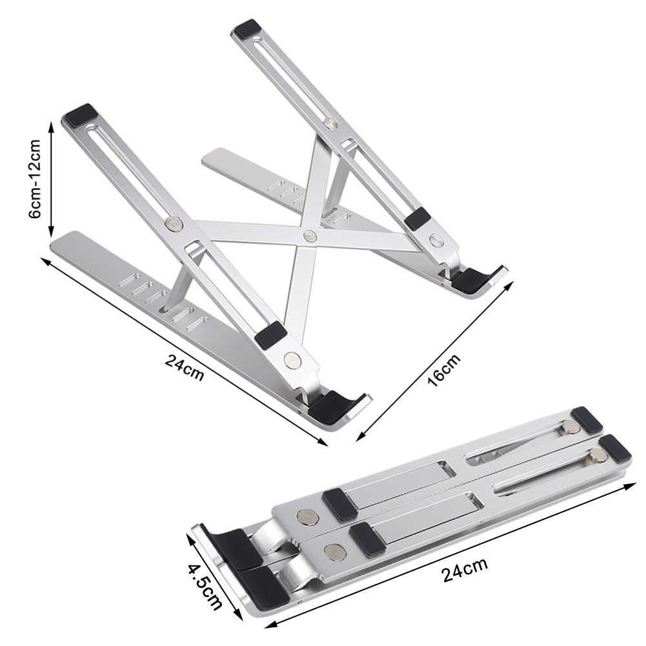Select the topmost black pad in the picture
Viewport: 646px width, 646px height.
(x=248, y=30)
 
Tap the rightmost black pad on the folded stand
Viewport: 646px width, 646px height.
(x=616, y=448)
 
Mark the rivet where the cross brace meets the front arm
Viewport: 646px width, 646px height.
(x=174, y=224)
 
